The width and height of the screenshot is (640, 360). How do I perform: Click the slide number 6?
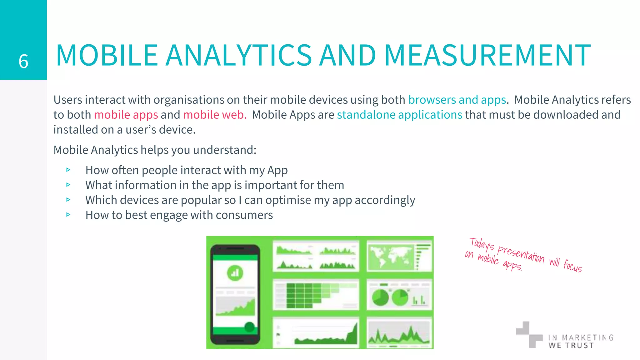coord(23,61)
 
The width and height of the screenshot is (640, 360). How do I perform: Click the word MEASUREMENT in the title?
coord(487,56)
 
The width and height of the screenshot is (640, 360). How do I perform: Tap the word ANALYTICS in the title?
coord(238,56)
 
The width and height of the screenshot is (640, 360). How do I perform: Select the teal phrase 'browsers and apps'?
coord(457,100)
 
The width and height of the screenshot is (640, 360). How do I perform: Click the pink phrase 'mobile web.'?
coord(215,115)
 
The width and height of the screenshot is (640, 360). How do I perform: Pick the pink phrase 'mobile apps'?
coord(126,115)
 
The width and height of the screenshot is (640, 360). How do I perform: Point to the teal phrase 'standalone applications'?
coord(399,115)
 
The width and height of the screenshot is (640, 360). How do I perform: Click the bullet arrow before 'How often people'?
coord(68,170)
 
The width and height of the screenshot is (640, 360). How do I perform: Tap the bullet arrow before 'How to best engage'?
coord(68,215)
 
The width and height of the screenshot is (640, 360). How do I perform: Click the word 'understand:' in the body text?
coord(224,150)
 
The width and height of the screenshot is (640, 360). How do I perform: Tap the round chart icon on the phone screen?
coord(235,273)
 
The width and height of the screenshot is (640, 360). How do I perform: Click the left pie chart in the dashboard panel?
coord(380,297)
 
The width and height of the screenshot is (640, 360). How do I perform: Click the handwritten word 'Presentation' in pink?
coord(520,254)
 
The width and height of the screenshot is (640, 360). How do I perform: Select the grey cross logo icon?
coord(529,334)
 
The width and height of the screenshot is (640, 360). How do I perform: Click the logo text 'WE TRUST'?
coord(571,346)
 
